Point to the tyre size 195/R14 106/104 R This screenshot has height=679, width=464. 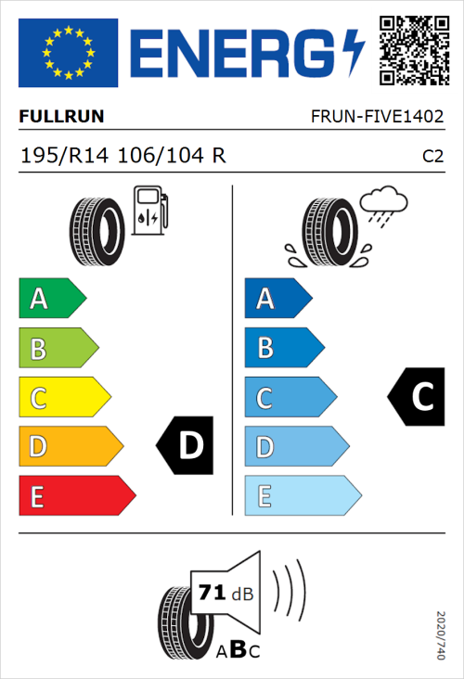click(122, 156)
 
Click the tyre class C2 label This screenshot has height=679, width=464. click(432, 157)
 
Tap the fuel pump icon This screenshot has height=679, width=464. click(149, 211)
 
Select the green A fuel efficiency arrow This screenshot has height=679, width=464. click(52, 299)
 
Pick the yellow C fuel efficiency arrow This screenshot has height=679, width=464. click(64, 398)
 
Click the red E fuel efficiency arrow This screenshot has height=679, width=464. click(76, 496)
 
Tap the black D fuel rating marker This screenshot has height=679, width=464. click(186, 446)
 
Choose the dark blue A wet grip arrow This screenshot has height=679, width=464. click(277, 299)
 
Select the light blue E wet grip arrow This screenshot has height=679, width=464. click(302, 496)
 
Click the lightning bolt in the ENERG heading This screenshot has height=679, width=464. click(354, 53)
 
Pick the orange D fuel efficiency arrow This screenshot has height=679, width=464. click(70, 447)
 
